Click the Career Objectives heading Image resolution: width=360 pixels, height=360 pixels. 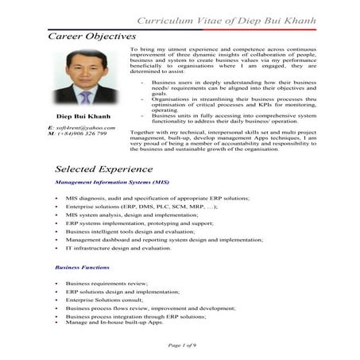92,37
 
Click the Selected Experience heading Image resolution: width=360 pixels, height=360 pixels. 104,169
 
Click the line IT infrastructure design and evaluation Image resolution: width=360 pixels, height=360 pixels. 118,248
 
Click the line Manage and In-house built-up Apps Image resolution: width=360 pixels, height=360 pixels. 114,322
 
